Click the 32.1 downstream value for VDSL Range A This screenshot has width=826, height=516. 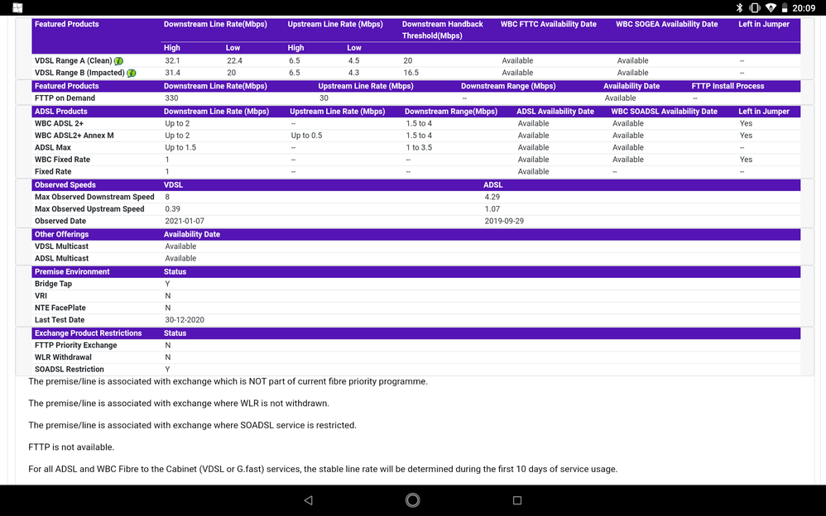(x=172, y=60)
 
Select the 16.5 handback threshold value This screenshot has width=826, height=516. (x=412, y=73)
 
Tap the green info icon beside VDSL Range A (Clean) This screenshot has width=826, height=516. (x=119, y=61)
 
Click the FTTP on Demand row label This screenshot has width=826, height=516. (x=65, y=98)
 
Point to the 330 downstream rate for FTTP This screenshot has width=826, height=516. (x=171, y=98)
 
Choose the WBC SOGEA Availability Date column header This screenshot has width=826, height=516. (x=666, y=24)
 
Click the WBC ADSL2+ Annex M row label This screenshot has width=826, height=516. (x=74, y=136)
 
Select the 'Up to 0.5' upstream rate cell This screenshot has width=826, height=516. (x=306, y=136)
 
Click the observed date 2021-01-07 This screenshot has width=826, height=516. (x=185, y=221)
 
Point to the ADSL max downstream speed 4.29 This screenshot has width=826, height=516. (x=492, y=197)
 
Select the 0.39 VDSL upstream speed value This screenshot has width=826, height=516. (x=173, y=209)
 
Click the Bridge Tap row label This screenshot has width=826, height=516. (x=53, y=284)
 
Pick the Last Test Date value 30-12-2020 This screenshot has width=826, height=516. (x=185, y=320)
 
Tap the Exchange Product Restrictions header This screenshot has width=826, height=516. (x=88, y=333)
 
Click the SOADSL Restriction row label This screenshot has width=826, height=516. (x=70, y=369)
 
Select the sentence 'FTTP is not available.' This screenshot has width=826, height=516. (x=71, y=447)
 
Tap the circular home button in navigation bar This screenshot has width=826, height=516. (x=412, y=499)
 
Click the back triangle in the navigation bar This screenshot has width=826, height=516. (x=308, y=500)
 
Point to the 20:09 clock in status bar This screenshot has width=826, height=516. (x=804, y=7)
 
